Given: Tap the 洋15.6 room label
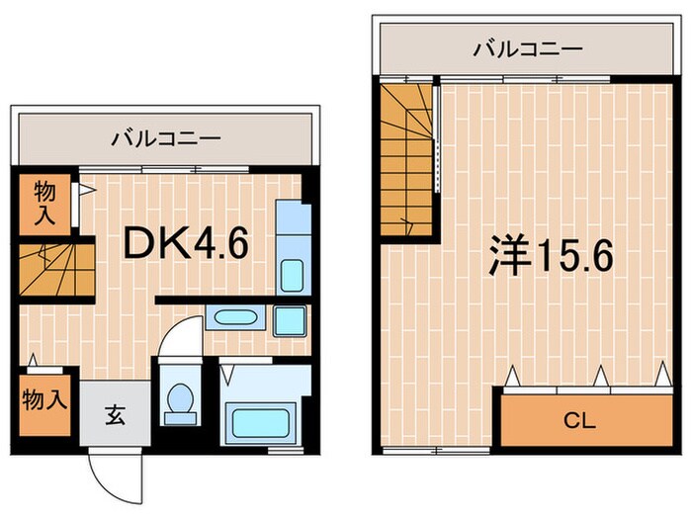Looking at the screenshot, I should click(551, 256).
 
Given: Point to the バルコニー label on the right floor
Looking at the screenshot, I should click(526, 47).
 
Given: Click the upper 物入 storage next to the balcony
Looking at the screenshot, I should click(43, 204).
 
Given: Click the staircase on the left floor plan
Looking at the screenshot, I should click(54, 270).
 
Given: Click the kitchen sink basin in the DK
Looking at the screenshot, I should click(291, 274).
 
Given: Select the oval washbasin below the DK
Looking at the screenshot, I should click(234, 317).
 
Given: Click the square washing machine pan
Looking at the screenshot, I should click(290, 319).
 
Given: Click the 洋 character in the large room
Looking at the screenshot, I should click(508, 256).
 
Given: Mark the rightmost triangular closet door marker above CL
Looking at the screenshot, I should click(659, 374).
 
